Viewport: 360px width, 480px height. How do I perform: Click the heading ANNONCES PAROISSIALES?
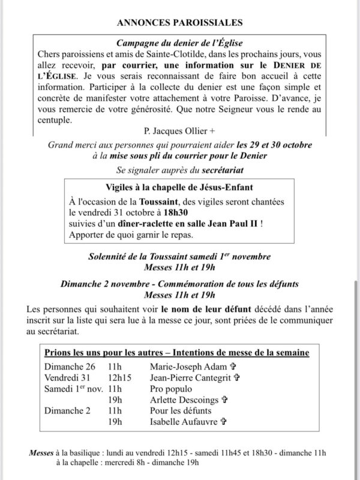click(x=179, y=23)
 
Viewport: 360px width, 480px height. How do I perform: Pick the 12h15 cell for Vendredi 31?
click(x=120, y=377)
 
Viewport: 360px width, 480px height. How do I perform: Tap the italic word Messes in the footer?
click(x=41, y=452)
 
